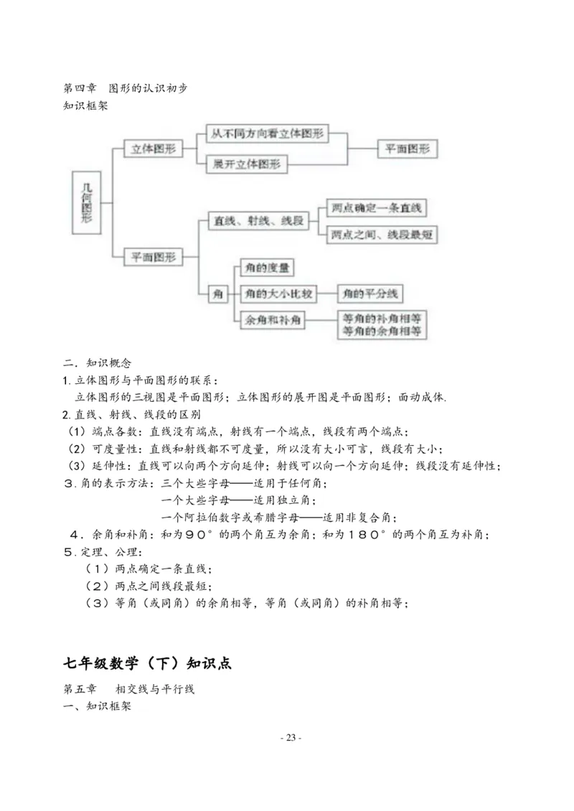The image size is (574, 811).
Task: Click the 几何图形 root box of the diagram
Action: point(87,203)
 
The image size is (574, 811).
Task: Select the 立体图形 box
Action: point(153,149)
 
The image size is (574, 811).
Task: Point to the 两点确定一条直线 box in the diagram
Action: point(376,209)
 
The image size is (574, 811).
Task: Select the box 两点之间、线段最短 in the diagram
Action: point(382,235)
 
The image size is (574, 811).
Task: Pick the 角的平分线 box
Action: point(371,294)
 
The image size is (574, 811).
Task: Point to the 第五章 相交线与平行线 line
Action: point(129,689)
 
